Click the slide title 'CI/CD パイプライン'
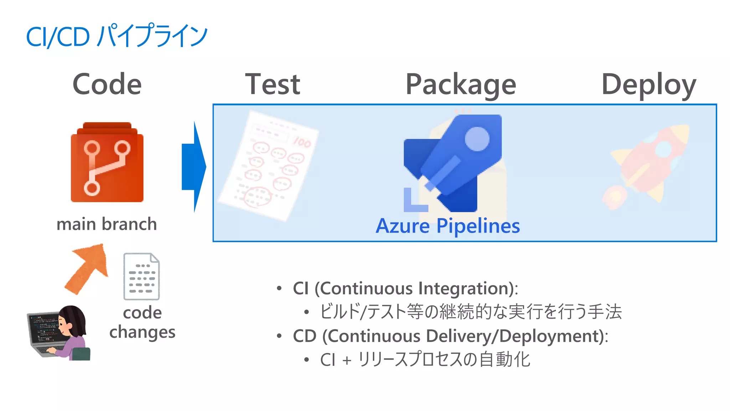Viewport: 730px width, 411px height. click(117, 36)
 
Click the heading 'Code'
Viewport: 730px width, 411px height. click(107, 84)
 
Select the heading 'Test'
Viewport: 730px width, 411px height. click(273, 84)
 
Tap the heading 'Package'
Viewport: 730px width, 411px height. click(461, 85)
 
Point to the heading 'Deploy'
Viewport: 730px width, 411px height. click(649, 85)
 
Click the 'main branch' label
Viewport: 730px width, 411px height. click(107, 224)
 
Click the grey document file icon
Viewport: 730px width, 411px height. click(142, 276)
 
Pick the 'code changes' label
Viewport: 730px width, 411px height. click(142, 322)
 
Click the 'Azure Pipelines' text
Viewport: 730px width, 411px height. click(448, 226)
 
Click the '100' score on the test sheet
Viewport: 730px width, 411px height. click(302, 142)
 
